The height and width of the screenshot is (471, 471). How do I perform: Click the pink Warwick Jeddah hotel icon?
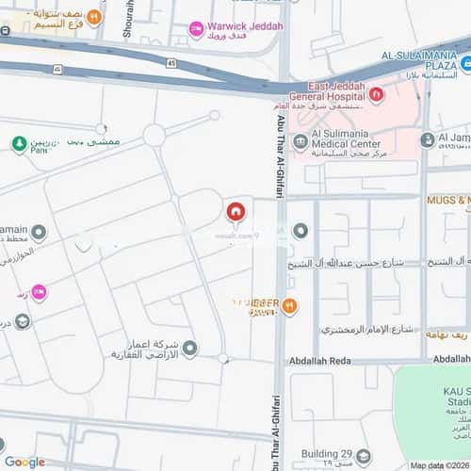[x=196, y=30]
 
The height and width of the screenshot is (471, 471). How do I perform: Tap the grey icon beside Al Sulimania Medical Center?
[x=300, y=141]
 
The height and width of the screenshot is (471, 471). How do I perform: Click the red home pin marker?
[x=235, y=212]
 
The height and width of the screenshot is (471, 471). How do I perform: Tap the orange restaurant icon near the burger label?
[x=289, y=305]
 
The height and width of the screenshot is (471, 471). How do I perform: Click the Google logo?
[x=24, y=462]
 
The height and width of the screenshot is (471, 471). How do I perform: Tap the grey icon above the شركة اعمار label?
[x=189, y=349]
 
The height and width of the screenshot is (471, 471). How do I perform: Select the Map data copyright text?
[x=439, y=465]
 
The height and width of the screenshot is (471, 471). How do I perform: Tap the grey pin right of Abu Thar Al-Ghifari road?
[x=300, y=231]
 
